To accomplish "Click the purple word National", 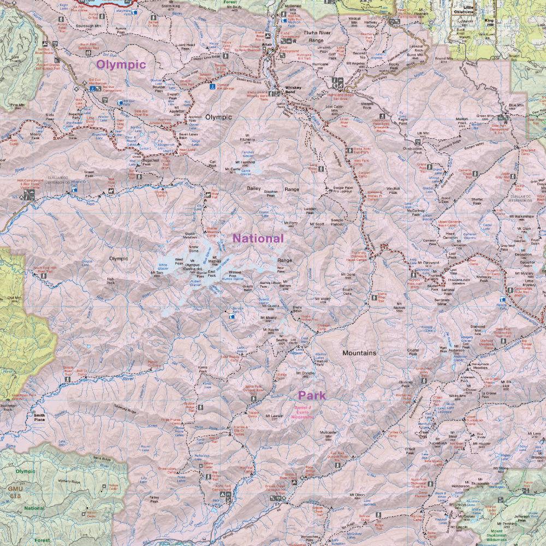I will [258, 238].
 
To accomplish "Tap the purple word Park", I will [312, 395].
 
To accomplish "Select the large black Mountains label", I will [359, 353].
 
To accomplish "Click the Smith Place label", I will [40, 417].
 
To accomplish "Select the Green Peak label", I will [89, 174].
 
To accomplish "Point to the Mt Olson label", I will [357, 495].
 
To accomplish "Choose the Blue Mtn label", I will [515, 106].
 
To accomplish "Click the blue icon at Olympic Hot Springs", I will [212, 86].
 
